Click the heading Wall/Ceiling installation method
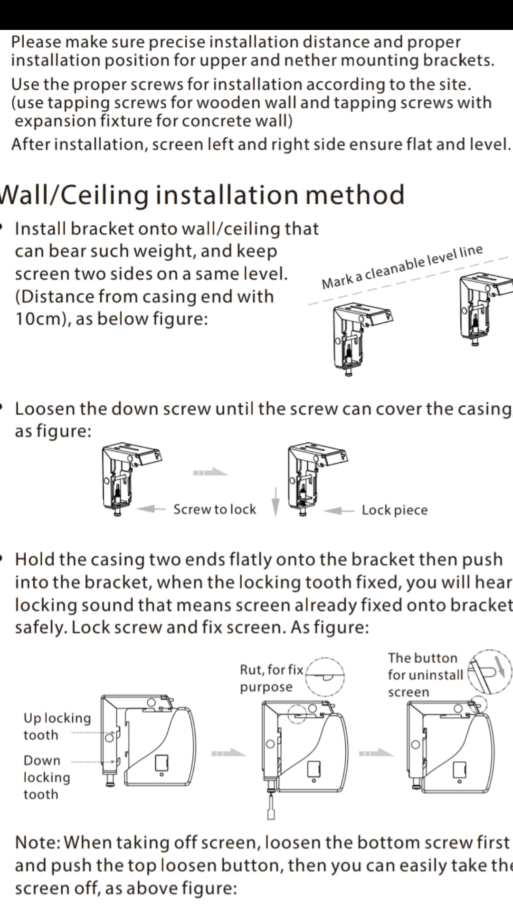[202, 195]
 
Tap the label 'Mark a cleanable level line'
[402, 267]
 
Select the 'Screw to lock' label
[215, 509]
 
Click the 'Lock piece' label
[394, 510]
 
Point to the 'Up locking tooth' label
[57, 726]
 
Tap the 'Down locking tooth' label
[47, 777]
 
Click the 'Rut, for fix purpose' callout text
[271, 678]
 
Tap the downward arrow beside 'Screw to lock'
[275, 502]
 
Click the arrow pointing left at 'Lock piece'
[339, 511]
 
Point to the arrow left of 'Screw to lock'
[151, 509]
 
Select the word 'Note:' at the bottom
[38, 842]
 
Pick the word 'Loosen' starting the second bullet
[44, 409]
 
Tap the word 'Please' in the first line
[36, 42]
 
